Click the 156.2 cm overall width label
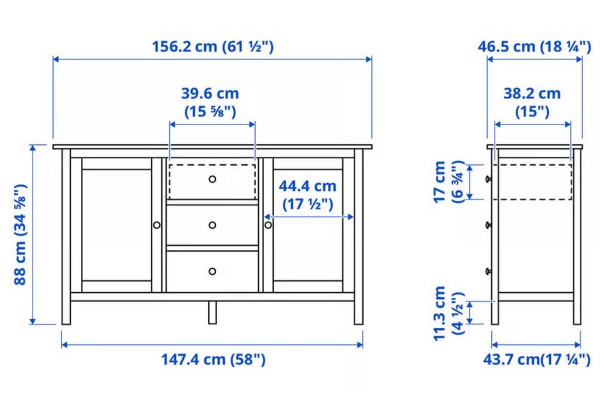coord(213,47)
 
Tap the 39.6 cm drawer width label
coord(210,102)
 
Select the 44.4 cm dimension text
coord(307,194)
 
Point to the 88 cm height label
coord(20,234)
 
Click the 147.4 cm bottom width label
coord(213,359)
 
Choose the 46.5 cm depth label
coord(535,47)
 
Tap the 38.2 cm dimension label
coord(532,102)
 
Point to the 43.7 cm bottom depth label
coord(536,359)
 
